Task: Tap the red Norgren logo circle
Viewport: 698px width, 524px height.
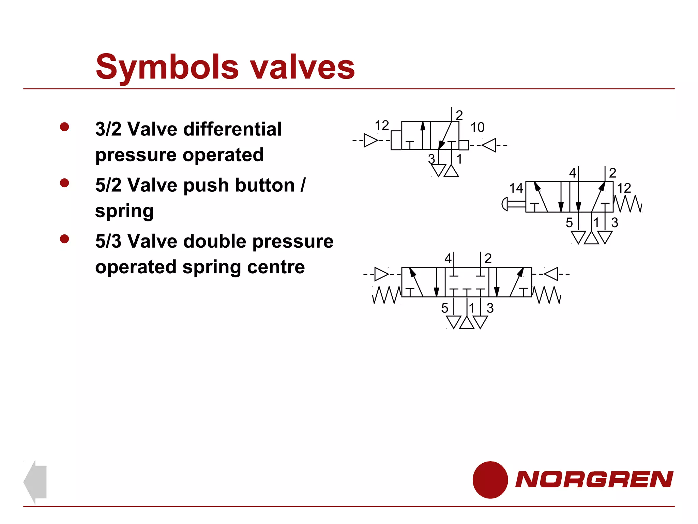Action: click(490, 480)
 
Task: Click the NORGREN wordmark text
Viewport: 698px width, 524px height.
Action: click(594, 479)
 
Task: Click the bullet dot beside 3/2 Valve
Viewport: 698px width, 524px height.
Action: click(64, 127)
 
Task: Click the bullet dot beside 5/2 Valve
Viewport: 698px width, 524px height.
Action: click(64, 183)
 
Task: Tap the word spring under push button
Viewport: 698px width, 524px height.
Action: click(124, 211)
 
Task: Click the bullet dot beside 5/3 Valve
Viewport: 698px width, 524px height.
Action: click(64, 239)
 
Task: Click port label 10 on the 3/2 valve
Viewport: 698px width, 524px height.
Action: click(477, 127)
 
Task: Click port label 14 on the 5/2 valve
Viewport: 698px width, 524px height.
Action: click(516, 188)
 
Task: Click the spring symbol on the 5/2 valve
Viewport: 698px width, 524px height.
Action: click(628, 204)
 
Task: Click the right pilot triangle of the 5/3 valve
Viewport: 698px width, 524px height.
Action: click(551, 274)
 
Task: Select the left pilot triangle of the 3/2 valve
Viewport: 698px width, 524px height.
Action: click(371, 140)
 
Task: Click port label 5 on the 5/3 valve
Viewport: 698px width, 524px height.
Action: click(444, 308)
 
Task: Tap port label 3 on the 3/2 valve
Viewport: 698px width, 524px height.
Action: click(431, 159)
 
